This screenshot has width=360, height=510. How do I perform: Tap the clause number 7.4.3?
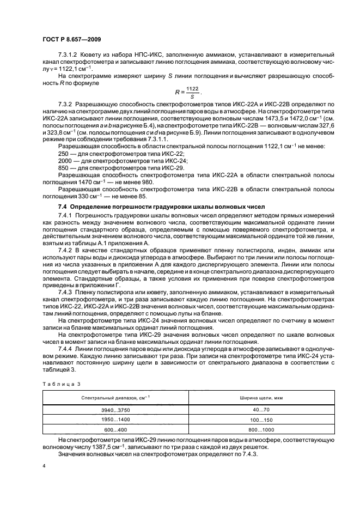click(x=65, y=292)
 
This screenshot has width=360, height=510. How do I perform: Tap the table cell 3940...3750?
click(x=113, y=409)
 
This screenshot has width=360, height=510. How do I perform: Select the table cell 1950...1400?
click(x=113, y=420)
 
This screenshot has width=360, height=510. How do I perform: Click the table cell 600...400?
click(x=113, y=430)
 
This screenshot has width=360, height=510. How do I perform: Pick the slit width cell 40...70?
click(x=256, y=409)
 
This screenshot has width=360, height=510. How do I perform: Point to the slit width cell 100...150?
click(x=256, y=420)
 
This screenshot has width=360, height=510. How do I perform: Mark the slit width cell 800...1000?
click(x=256, y=430)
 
